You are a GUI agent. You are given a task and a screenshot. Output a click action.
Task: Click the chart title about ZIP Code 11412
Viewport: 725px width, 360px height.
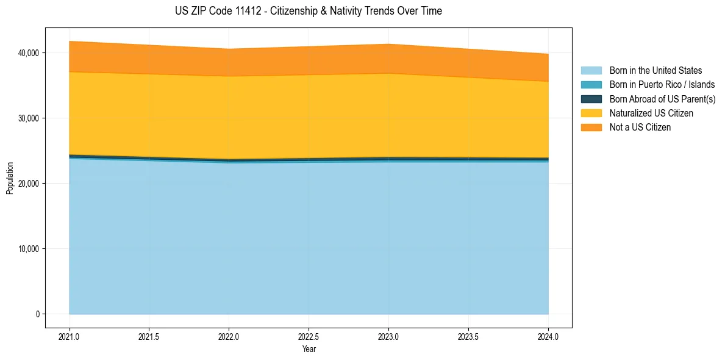point(309,11)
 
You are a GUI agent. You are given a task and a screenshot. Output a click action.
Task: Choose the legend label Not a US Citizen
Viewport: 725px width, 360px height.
point(640,128)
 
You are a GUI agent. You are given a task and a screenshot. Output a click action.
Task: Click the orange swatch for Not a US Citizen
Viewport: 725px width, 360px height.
point(591,128)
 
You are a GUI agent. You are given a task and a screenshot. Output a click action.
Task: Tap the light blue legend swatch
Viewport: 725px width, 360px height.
point(591,71)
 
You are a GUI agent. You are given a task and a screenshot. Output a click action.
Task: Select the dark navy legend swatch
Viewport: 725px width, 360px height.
point(591,99)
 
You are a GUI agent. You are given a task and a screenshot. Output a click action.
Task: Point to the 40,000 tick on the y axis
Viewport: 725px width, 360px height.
point(29,53)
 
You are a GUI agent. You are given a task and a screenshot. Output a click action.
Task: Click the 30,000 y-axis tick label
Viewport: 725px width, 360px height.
point(29,118)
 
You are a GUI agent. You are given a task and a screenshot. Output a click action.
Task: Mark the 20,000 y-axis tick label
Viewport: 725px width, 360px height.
point(29,184)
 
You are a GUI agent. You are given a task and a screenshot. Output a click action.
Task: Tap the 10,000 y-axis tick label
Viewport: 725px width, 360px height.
point(29,249)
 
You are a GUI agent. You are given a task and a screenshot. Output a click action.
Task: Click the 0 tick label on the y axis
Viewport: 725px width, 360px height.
point(37,314)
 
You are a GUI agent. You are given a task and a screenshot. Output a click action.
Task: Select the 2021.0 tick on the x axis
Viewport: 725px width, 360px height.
point(70,336)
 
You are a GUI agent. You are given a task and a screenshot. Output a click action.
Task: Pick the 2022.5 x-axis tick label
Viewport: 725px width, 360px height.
point(309,336)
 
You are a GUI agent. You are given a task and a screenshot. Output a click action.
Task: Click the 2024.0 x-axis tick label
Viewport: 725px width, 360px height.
point(548,336)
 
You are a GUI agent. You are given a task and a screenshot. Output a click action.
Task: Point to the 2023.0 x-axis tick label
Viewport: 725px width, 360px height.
point(388,336)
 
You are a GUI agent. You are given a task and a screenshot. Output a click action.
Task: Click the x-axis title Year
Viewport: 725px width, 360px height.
point(309,349)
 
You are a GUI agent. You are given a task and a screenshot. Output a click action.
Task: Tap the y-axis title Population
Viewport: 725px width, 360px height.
point(10,178)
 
